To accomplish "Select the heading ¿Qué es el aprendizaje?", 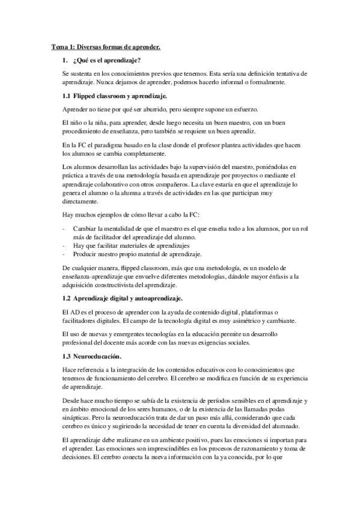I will pos(106,60).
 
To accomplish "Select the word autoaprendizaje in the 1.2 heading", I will pos(157,298).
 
